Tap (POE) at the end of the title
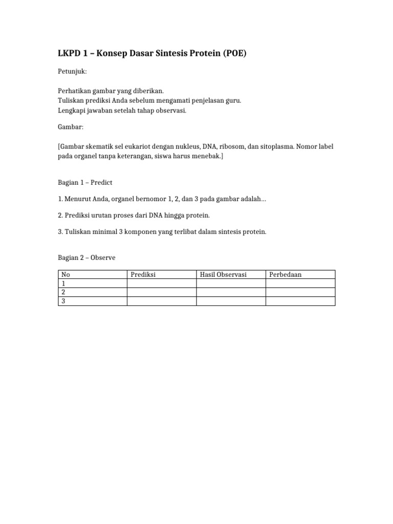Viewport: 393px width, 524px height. [x=235, y=54]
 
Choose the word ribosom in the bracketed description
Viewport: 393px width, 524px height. [x=233, y=147]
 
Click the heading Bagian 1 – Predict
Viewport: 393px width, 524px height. [x=84, y=182]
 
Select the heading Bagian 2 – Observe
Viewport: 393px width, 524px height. [x=86, y=258]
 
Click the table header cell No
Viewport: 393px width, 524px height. [x=65, y=275]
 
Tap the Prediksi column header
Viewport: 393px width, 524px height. [x=143, y=275]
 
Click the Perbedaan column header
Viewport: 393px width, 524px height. [x=285, y=275]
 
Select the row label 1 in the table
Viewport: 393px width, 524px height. [x=63, y=283]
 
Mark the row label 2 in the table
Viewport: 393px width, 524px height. [x=63, y=292]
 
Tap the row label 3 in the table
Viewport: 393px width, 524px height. [x=63, y=301]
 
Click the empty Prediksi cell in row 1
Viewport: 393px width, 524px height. [x=161, y=283]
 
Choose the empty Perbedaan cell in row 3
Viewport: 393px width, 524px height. [x=300, y=301]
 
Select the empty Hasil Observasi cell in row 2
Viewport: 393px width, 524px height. [x=231, y=292]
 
